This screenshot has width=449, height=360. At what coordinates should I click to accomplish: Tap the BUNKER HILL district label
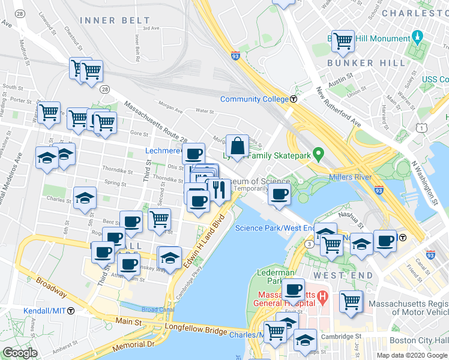(x=358, y=63)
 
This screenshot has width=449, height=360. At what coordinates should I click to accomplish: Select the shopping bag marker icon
(x=238, y=146)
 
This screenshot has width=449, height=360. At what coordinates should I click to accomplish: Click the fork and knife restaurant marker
(x=219, y=190)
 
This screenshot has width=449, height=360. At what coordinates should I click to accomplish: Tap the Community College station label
(x=255, y=99)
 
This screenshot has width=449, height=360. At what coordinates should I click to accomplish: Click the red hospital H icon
(x=322, y=296)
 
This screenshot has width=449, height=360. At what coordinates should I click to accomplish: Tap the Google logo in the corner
(x=20, y=352)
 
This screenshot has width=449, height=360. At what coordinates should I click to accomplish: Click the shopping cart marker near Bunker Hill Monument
(x=343, y=41)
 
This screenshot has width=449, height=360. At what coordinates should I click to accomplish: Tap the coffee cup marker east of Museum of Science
(x=279, y=194)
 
